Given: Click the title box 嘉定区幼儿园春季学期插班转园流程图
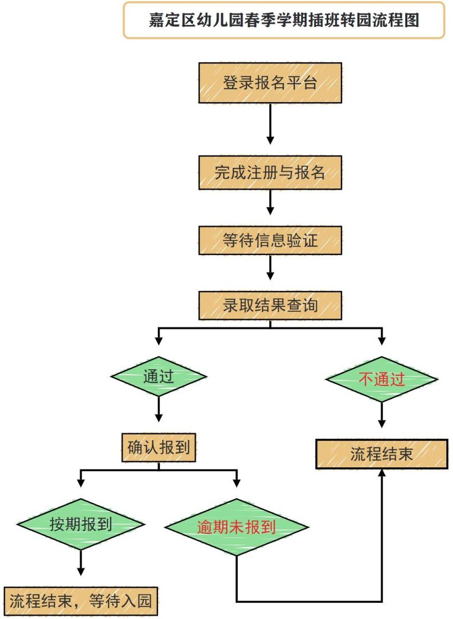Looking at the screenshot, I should click(284, 20).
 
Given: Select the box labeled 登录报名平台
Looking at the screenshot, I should click(270, 83).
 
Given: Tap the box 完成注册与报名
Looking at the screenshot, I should click(270, 173).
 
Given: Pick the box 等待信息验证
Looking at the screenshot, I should click(270, 240).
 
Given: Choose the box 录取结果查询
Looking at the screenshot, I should click(270, 305).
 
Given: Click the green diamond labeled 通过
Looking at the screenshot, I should click(158, 376).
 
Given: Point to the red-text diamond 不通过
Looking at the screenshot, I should click(381, 379).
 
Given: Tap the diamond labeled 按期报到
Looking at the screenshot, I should click(81, 524).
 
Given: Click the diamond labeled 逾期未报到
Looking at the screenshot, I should click(236, 527).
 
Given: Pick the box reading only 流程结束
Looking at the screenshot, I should click(381, 454).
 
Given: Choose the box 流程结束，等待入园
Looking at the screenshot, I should click(81, 601).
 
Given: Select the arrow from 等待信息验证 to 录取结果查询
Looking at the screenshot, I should click(270, 267).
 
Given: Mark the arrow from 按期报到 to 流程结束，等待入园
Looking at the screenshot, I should click(81, 563).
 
